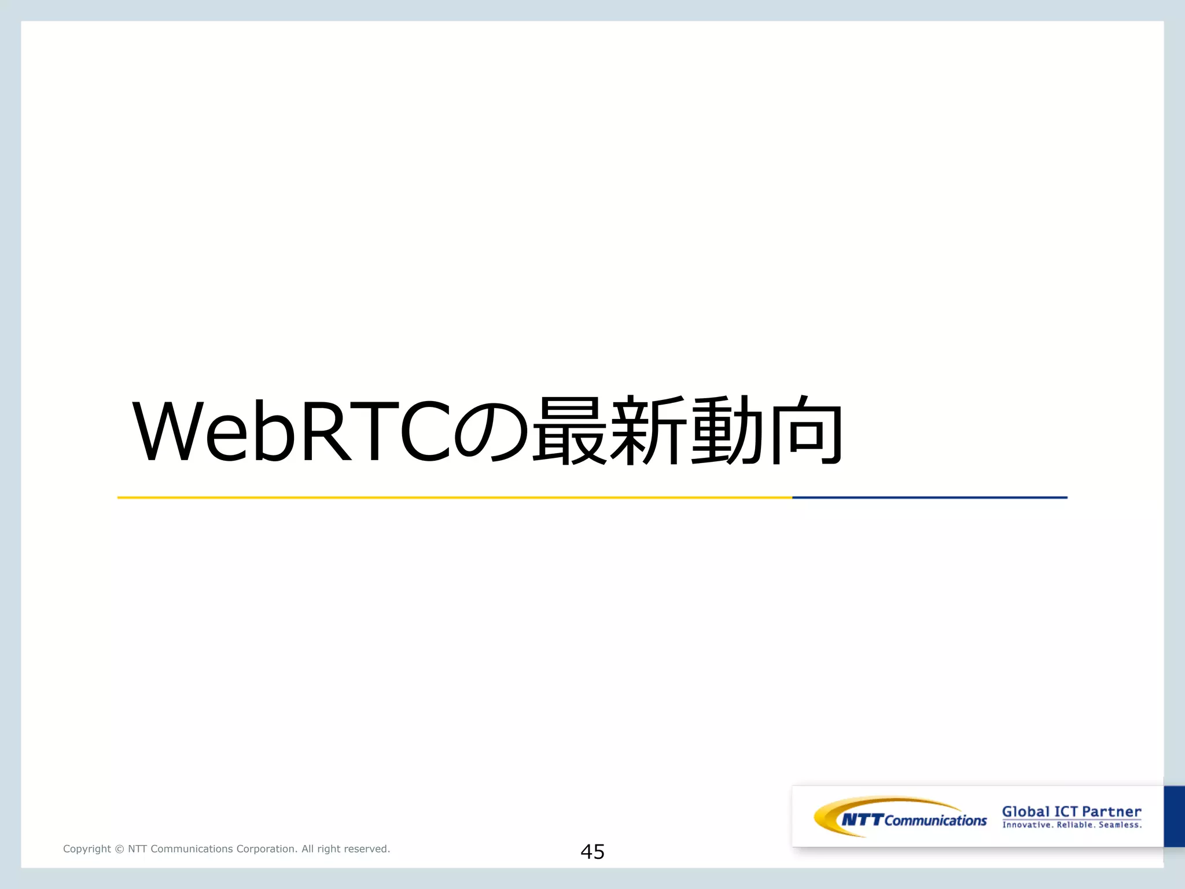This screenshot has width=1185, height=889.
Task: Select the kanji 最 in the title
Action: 570,431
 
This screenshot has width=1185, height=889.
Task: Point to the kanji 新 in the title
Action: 649,431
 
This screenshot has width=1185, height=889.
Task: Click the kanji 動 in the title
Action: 728,431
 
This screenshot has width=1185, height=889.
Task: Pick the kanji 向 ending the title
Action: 807,431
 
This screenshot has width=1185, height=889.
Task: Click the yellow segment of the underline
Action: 454,497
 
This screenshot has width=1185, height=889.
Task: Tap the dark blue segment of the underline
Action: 929,497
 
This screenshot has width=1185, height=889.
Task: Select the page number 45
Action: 592,852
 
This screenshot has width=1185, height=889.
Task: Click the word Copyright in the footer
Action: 87,849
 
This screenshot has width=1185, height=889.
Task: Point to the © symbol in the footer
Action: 119,849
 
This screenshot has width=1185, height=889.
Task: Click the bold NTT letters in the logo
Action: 862,820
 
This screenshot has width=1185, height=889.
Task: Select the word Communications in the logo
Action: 936,821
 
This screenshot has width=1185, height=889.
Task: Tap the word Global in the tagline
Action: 1025,811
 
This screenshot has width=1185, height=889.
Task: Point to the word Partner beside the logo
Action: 1112,811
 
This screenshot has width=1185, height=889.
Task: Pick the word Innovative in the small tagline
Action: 1027,825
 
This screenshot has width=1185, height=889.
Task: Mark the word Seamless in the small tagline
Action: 1120,825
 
